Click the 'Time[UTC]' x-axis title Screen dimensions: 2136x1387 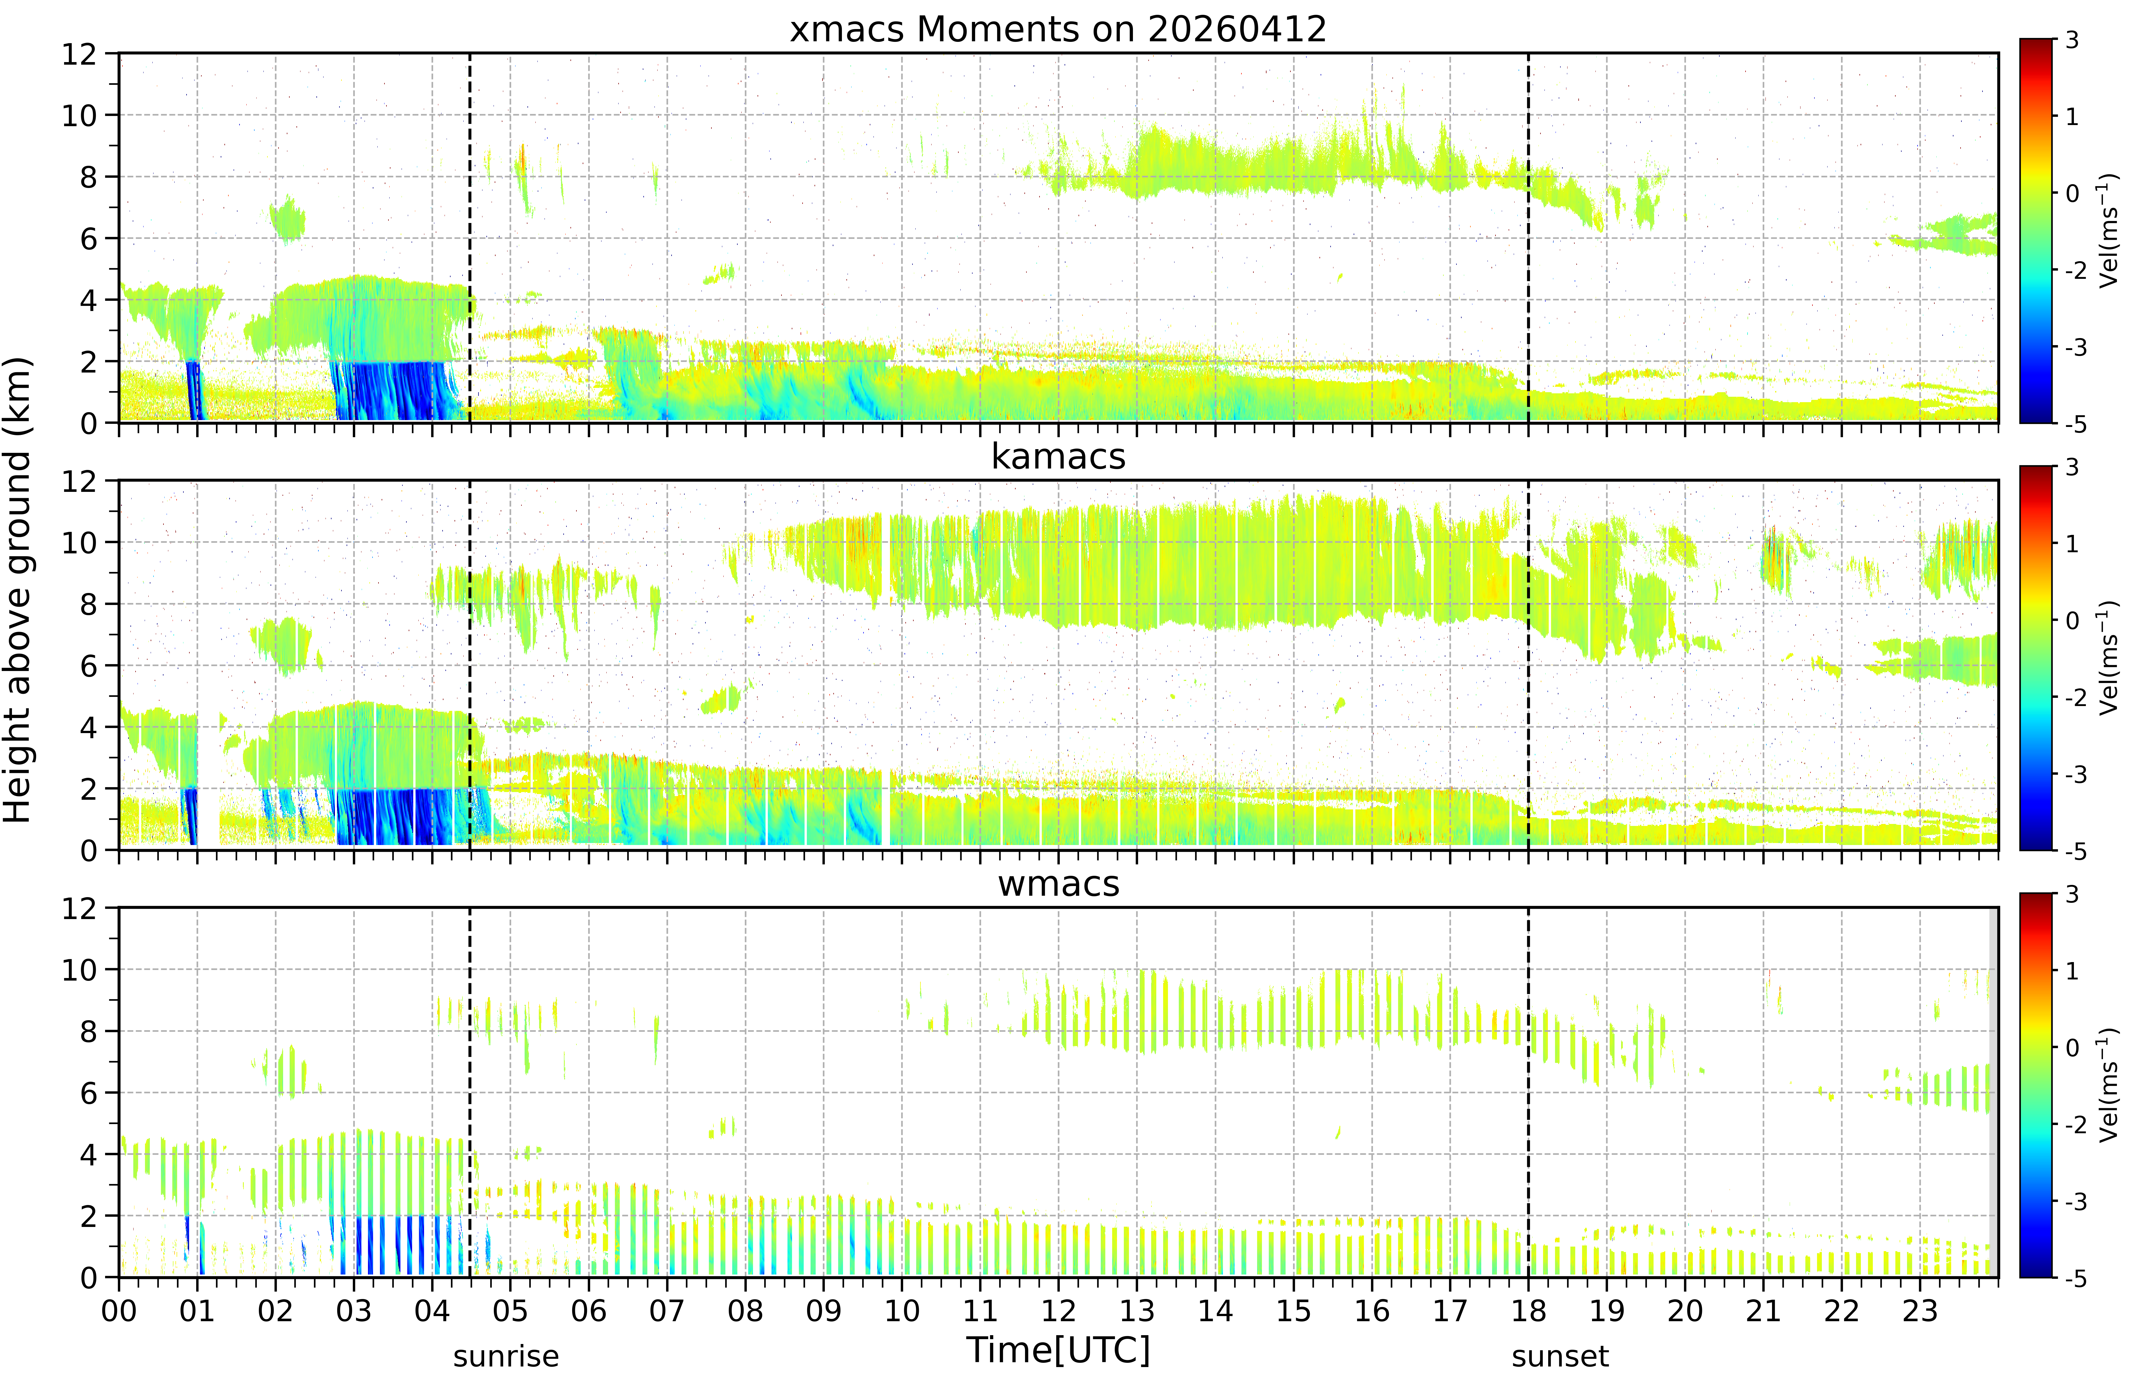point(1058,1349)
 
